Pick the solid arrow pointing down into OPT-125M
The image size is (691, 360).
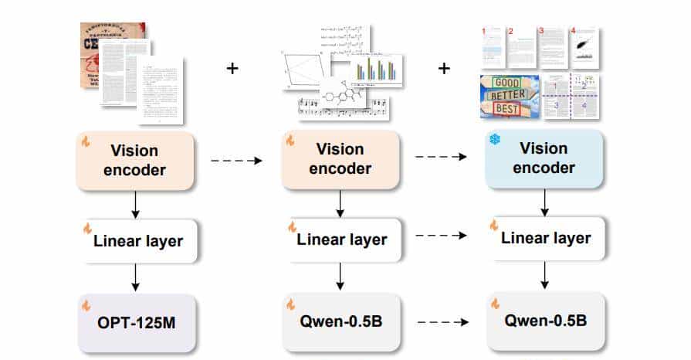pos(136,277)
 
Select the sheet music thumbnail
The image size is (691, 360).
pos(344,108)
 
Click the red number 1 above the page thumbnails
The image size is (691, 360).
pos(484,32)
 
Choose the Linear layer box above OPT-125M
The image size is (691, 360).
pos(137,241)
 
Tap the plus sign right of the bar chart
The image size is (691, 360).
pos(444,68)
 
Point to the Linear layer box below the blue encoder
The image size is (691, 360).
pos(544,238)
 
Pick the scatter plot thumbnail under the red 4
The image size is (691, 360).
pos(584,49)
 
